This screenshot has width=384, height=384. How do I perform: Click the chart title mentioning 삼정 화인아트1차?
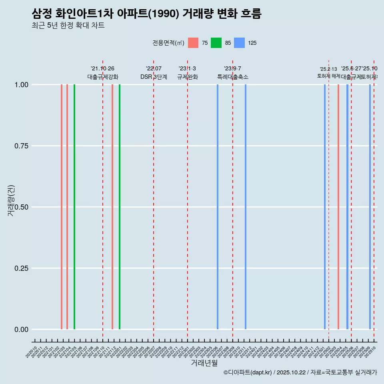pos(146,14)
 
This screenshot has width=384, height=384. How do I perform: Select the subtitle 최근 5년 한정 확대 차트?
pos(68,26)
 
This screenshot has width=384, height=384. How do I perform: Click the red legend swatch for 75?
pos(193,43)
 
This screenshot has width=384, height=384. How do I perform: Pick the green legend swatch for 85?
pos(216,43)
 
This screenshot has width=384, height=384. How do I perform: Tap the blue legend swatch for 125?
pos(239,43)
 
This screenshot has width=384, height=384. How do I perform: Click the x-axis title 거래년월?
pos(204,363)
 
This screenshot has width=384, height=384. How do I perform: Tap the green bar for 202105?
pos(74,207)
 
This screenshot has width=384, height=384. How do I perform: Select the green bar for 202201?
pos(120,207)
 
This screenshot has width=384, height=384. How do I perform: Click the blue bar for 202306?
pos(218,207)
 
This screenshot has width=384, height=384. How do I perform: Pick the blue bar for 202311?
pos(246,207)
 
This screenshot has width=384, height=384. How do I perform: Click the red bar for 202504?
pos(338,207)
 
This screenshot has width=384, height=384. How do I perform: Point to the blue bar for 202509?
pos(370,207)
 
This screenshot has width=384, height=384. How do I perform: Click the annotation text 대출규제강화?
pos(103,77)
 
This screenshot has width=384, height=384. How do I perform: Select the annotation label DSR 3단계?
pos(154,77)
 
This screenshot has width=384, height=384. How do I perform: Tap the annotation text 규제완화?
pos(188,77)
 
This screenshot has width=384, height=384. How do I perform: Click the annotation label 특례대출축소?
pos(233,77)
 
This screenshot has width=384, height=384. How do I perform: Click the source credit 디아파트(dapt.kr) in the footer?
pos(248,372)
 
